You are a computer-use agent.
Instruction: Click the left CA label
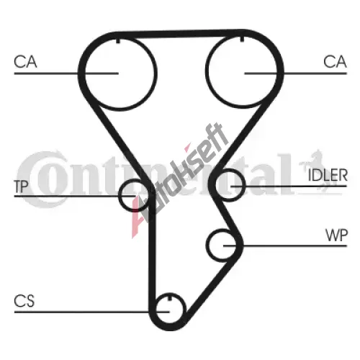tap(25, 62)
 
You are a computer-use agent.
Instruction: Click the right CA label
tap(335, 62)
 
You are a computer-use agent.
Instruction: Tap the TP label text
tap(22, 186)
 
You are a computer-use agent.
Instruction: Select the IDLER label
tap(328, 175)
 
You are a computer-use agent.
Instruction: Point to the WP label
tap(336, 235)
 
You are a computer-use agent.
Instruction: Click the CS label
tap(24, 301)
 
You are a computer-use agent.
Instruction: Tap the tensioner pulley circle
tap(120, 195)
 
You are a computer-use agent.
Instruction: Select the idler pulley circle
tap(246, 185)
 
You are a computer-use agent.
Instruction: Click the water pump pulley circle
tap(207, 245)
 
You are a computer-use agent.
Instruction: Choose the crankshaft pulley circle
tap(186, 308)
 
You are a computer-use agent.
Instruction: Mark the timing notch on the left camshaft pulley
tap(118, 41)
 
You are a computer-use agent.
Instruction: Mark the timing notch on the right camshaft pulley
tap(242, 39)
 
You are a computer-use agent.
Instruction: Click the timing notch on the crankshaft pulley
tap(170, 297)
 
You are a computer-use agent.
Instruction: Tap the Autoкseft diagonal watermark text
tap(179, 180)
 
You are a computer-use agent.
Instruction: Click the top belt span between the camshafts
tap(180, 34)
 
